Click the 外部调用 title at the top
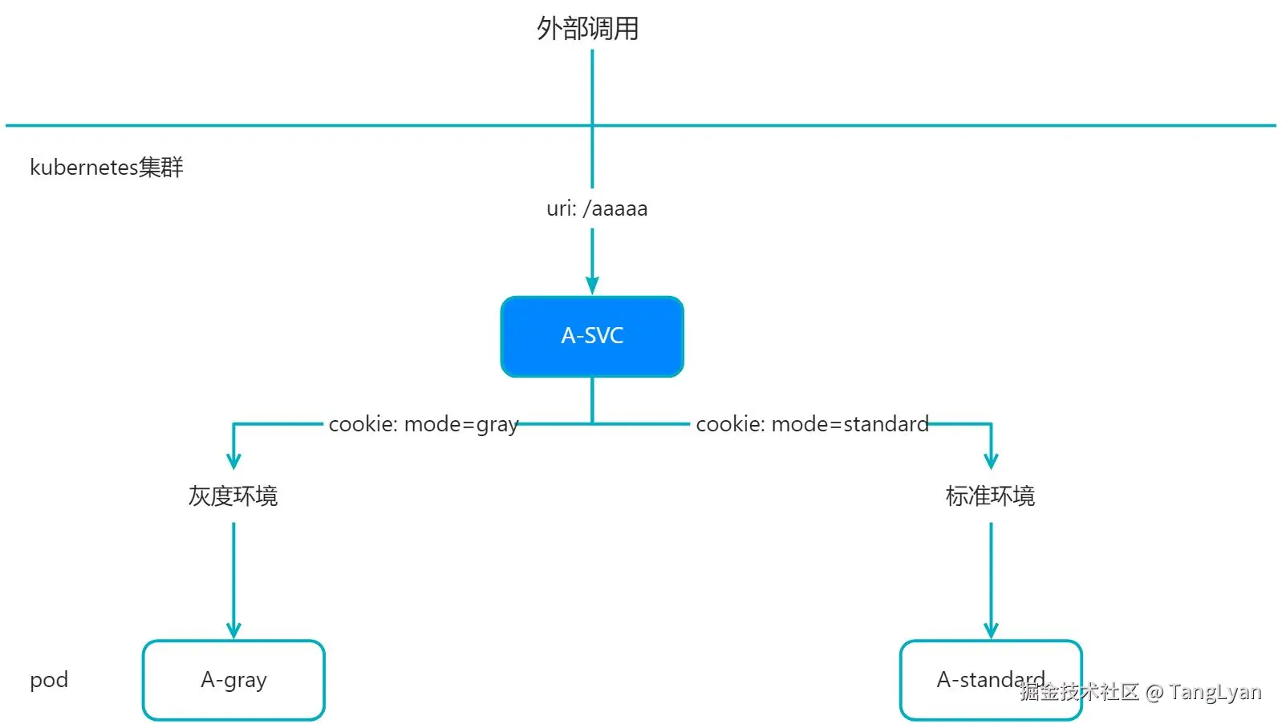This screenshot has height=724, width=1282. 588,29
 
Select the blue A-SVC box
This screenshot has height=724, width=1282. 592,336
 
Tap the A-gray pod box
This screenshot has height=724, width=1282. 233,680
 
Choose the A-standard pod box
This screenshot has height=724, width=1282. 991,680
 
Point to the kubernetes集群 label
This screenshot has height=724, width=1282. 107,167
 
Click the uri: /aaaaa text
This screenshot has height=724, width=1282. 597,208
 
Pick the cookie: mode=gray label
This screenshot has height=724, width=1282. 424,424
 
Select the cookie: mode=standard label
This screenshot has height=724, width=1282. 812,424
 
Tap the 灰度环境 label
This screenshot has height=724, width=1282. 233,495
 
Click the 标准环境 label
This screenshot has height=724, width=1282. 990,495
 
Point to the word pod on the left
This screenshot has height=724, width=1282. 49,681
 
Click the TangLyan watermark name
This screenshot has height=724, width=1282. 1215,692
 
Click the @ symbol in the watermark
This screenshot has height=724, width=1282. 1154,693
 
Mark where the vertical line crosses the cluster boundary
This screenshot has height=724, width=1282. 592,125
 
